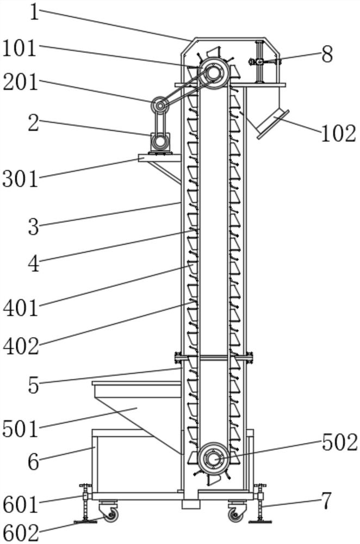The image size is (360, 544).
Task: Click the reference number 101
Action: pos(20,48)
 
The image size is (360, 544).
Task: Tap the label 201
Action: pos(20,82)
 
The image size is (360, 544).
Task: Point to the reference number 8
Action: pos(326,54)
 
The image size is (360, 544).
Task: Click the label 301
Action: pos(20,178)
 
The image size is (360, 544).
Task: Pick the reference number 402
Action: pos(21,346)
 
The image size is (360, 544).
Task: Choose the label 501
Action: pos(20,429)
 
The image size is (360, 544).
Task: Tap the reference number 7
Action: pos(326,501)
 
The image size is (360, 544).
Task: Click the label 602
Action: pos(21,533)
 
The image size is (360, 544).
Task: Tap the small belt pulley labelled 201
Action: pos(159,104)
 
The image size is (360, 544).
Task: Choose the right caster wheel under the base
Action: pos(235,514)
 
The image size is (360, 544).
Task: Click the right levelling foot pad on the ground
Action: pos(261,522)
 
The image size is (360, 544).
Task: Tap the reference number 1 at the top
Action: pos(35,12)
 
